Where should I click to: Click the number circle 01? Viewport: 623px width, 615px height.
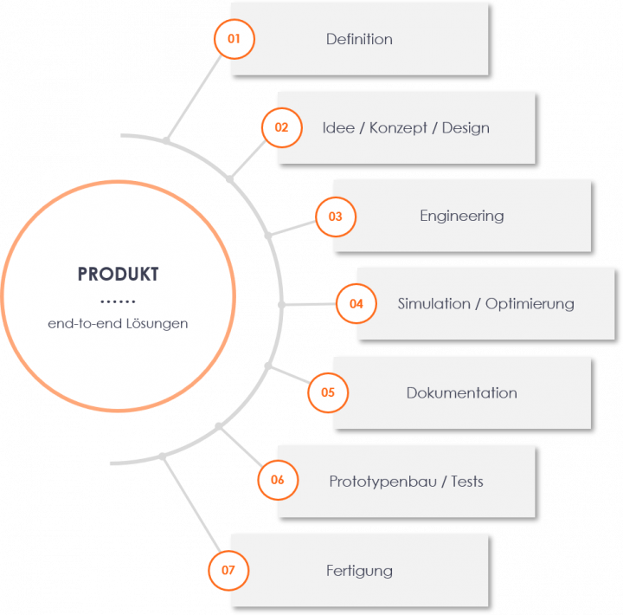click(x=234, y=39)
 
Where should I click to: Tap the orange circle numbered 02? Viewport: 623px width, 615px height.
click(x=281, y=127)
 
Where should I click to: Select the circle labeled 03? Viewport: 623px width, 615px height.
click(x=336, y=217)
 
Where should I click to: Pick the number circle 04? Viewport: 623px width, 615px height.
click(x=356, y=304)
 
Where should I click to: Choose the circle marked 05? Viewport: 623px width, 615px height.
click(x=328, y=392)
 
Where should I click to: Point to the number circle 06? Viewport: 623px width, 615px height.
click(x=278, y=481)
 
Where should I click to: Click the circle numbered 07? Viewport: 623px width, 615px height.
click(x=228, y=570)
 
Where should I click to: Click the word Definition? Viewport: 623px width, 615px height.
click(x=359, y=39)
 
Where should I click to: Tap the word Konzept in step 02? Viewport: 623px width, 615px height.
click(x=398, y=128)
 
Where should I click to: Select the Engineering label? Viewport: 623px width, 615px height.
click(x=461, y=216)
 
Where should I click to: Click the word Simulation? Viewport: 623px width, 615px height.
click(x=434, y=304)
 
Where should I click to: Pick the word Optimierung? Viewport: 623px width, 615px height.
click(x=530, y=304)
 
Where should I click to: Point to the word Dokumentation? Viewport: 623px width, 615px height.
click(x=461, y=393)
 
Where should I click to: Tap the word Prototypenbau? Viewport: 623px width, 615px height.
click(x=386, y=482)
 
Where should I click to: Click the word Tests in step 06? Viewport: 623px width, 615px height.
click(x=467, y=482)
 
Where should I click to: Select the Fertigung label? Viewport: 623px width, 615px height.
click(x=359, y=571)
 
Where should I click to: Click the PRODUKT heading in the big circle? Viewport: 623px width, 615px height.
click(x=119, y=275)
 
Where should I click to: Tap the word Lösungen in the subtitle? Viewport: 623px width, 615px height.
click(x=157, y=324)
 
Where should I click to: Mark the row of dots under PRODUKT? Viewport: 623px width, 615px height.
click(x=119, y=301)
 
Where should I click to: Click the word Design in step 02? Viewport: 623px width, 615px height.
click(x=466, y=128)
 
